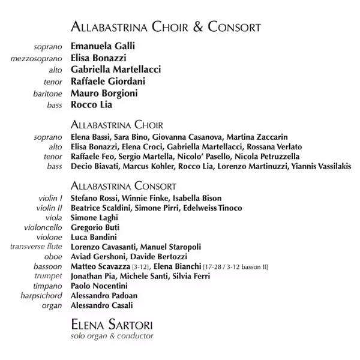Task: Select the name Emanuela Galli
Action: point(103,46)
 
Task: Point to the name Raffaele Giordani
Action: point(107,81)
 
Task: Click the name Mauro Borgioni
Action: point(104,93)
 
